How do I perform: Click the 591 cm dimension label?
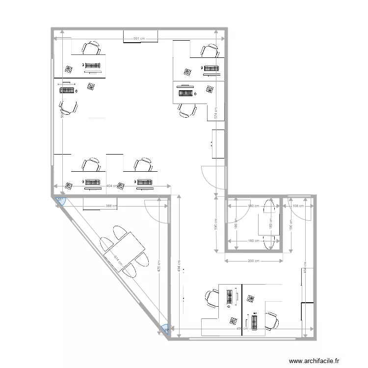pyautogui.click(x=140, y=38)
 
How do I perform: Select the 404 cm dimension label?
pyautogui.click(x=112, y=186)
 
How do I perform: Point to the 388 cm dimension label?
pyautogui.click(x=111, y=206)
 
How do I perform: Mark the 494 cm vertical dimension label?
pyautogui.click(x=180, y=268)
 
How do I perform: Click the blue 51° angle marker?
pyautogui.click(x=60, y=200)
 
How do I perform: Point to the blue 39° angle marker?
pyautogui.click(x=166, y=330)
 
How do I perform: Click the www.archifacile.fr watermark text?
pyautogui.click(x=314, y=362)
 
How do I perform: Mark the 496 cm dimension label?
pyautogui.click(x=242, y=328)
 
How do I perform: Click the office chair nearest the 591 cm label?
pyautogui.click(x=91, y=48)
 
